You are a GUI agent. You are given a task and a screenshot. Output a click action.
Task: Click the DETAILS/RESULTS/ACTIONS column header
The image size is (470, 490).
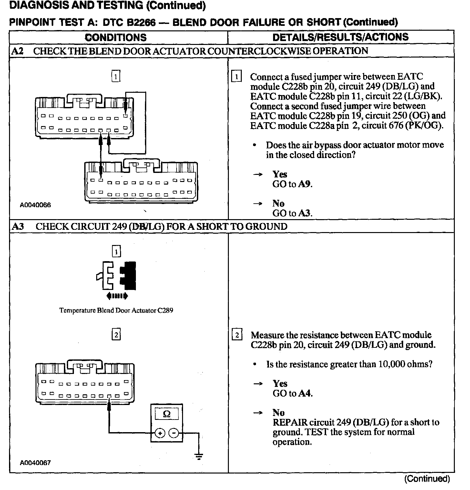coord(341,37)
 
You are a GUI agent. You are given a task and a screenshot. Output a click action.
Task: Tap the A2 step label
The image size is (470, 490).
coord(17,51)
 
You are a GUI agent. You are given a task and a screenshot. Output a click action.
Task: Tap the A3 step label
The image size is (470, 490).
coord(18,226)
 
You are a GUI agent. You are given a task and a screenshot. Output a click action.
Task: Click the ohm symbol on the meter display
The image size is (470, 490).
coord(167,414)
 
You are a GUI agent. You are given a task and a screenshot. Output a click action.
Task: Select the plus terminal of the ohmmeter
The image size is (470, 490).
coord(160,433)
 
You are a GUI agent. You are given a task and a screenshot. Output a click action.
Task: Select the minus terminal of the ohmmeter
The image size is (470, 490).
coord(174,433)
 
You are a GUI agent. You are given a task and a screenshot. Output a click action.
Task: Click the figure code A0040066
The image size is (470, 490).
coord(35,205)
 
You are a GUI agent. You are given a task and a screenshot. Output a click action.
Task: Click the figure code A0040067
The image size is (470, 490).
coord(35,463)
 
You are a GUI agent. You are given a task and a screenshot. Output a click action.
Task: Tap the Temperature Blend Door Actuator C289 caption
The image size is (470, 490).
coord(116,311)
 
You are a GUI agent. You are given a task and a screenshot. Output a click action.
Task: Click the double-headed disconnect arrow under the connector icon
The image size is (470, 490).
coord(117,295)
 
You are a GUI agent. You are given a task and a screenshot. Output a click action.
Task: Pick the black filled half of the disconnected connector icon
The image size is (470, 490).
coord(129,275)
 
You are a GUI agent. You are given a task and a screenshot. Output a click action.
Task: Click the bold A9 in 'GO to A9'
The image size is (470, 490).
coord(305,184)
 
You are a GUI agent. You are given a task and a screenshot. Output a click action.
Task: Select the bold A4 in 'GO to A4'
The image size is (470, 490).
coord(305,393)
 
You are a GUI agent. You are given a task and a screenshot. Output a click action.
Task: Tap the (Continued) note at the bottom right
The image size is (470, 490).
coord(427,479)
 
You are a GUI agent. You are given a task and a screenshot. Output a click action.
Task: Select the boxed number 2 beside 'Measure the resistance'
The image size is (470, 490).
coord(237,335)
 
